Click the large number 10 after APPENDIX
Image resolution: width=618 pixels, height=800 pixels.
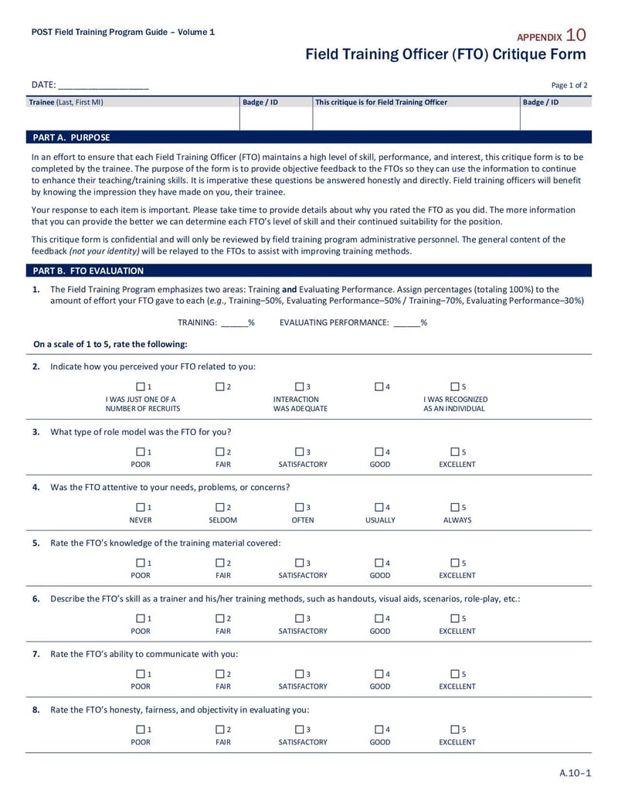coord(576,35)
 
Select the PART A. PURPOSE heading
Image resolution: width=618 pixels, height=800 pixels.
coord(71,138)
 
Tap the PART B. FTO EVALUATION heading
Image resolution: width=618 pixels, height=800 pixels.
coord(88,271)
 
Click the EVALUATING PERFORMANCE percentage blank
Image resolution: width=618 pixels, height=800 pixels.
coord(407,323)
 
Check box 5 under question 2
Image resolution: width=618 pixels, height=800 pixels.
coord(454,386)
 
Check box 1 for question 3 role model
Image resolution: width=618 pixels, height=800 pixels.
coord(141,452)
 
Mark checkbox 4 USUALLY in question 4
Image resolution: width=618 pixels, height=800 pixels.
coord(379,508)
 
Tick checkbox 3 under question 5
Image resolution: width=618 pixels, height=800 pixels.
coord(299,563)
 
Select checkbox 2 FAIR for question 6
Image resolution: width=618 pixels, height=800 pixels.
coord(220,618)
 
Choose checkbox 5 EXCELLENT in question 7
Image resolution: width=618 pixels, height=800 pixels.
coord(454,674)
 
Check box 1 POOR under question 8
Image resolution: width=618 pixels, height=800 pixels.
coord(141,730)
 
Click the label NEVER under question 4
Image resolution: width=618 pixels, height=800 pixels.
coord(141,520)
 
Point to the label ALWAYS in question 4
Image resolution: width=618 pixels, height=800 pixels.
coord(457,520)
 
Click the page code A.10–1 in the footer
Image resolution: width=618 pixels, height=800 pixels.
coord(575,773)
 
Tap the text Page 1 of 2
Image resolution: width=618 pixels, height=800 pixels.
coord(569,86)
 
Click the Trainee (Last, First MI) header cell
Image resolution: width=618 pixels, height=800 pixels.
coord(66,102)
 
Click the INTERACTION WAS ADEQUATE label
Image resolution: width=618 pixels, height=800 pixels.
coord(301,404)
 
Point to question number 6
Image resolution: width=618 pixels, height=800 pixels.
coord(36,599)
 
